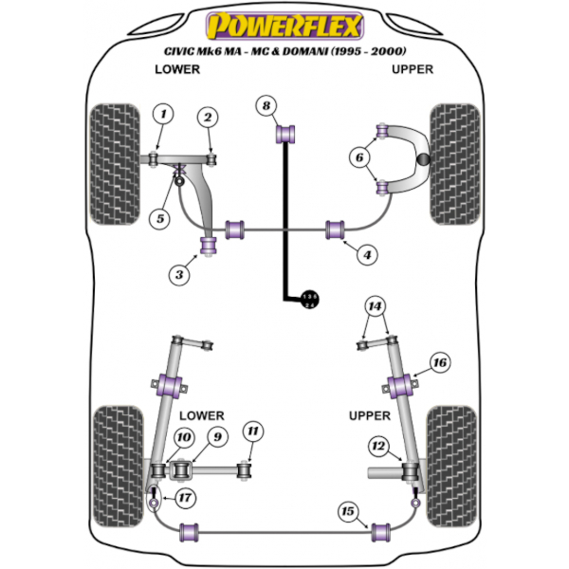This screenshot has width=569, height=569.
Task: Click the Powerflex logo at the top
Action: [284, 22]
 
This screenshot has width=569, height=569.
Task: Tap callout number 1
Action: [163, 115]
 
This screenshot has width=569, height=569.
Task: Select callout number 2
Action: [207, 117]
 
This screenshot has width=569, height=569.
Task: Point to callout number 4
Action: [366, 254]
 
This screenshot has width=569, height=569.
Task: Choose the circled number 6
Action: [359, 157]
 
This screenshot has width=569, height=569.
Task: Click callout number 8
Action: [267, 105]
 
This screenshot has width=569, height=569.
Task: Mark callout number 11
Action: [251, 432]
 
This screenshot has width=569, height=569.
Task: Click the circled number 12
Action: [379, 446]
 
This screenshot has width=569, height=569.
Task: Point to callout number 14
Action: [376, 305]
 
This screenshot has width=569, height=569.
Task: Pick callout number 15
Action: [349, 512]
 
